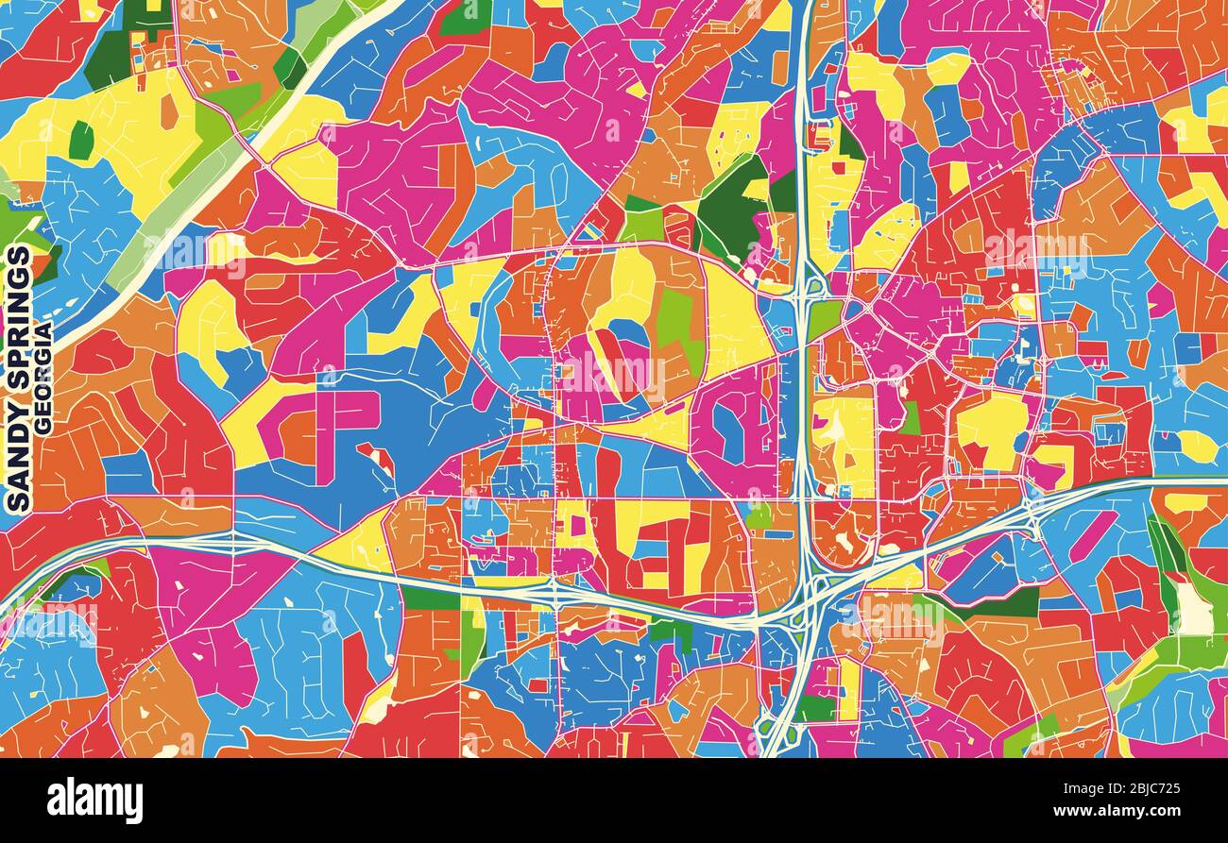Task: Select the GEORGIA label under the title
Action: [43, 378]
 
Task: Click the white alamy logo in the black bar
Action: [94, 801]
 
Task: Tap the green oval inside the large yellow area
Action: [81, 140]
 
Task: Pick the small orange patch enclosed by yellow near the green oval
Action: [169, 111]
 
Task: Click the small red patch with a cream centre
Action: [378, 457]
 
